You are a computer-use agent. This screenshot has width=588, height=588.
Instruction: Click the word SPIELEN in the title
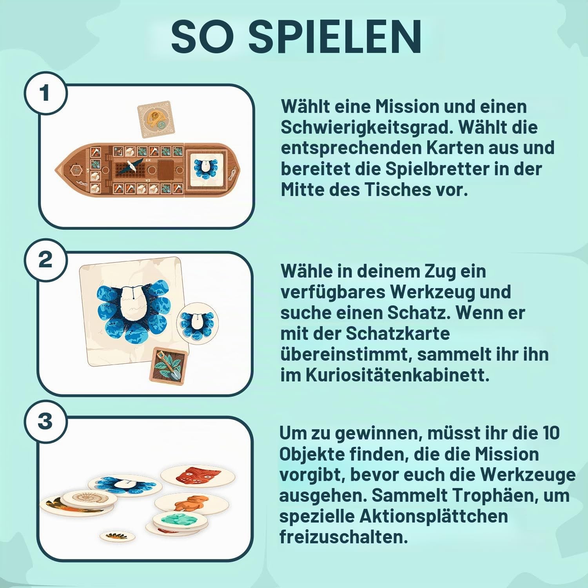[336, 36]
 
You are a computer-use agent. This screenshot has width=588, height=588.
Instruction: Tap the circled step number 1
[45, 93]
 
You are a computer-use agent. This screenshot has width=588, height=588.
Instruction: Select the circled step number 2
[45, 260]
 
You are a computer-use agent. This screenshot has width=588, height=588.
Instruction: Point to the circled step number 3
[45, 421]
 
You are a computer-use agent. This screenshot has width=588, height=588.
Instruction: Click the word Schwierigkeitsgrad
[370, 127]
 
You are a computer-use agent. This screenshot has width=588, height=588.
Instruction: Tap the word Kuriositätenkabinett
[397, 376]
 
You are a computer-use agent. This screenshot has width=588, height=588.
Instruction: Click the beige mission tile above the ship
[156, 122]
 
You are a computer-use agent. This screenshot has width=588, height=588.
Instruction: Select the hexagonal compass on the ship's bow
[74, 170]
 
